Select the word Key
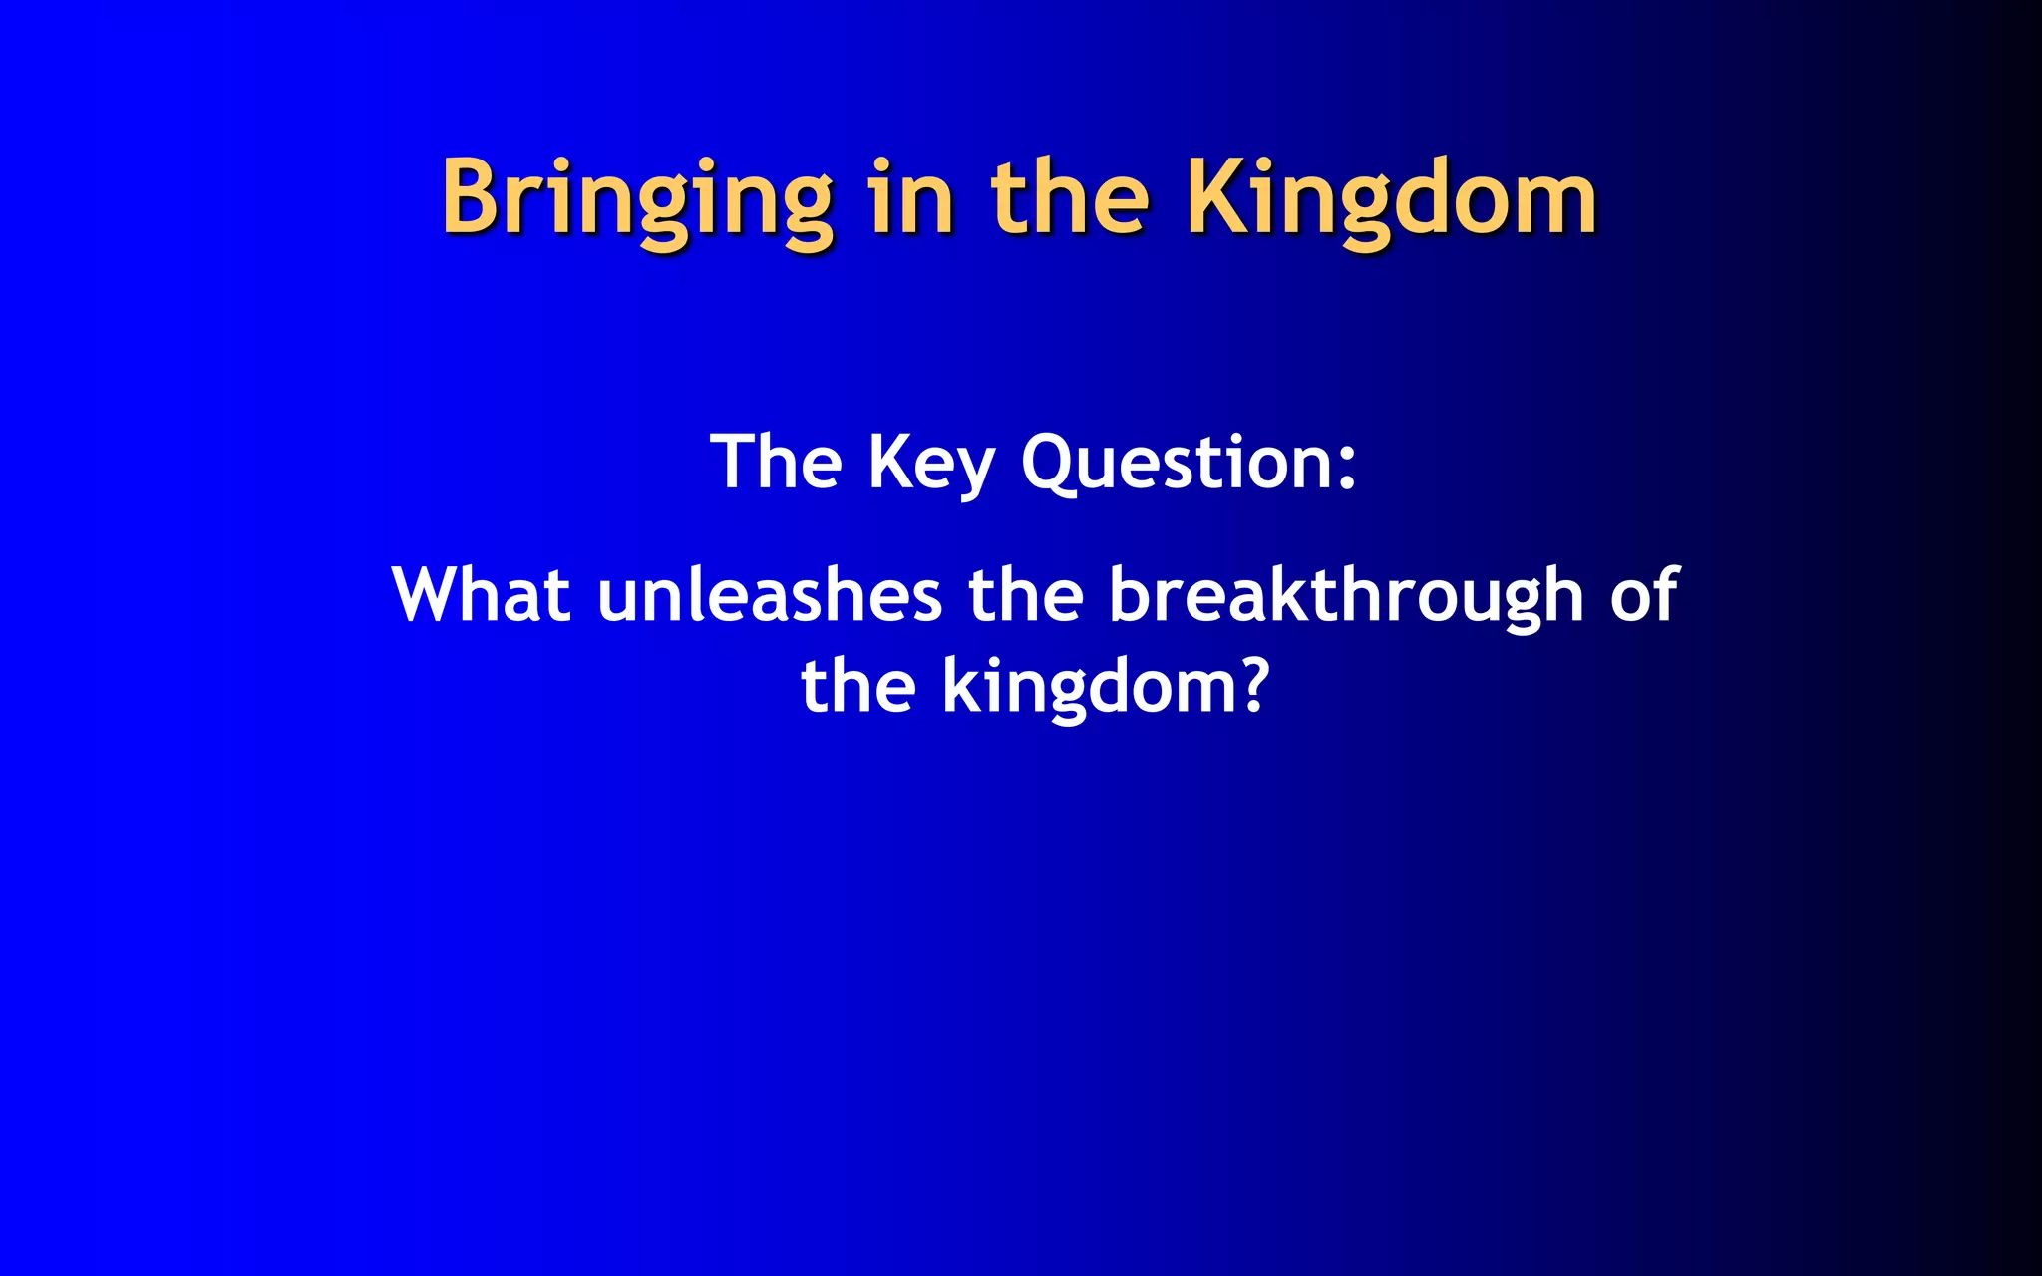point(930,465)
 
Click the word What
point(481,595)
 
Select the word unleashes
point(770,595)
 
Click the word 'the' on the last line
point(857,687)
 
